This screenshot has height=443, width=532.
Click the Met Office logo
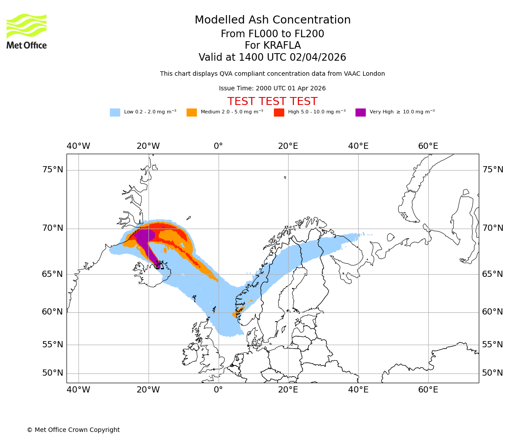(27, 31)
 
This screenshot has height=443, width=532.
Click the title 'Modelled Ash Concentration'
(273, 20)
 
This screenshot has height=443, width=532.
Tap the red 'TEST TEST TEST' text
(272, 101)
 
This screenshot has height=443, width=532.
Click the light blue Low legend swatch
(115, 113)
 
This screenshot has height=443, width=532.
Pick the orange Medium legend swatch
(192, 113)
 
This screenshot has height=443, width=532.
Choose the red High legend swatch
(279, 113)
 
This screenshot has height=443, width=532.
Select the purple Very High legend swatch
(360, 113)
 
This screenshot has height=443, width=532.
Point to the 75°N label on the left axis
(52, 170)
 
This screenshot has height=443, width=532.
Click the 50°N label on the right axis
(493, 373)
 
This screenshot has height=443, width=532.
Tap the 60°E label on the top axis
(428, 146)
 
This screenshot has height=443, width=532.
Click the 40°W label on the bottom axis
(78, 390)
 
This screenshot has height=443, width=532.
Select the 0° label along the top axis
(218, 146)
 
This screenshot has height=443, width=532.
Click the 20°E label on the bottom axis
(288, 390)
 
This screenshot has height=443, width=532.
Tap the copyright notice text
(73, 430)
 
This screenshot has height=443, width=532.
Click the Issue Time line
(272, 89)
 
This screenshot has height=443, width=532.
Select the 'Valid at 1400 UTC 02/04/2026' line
(272, 58)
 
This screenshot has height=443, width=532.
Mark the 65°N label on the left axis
(52, 274)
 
